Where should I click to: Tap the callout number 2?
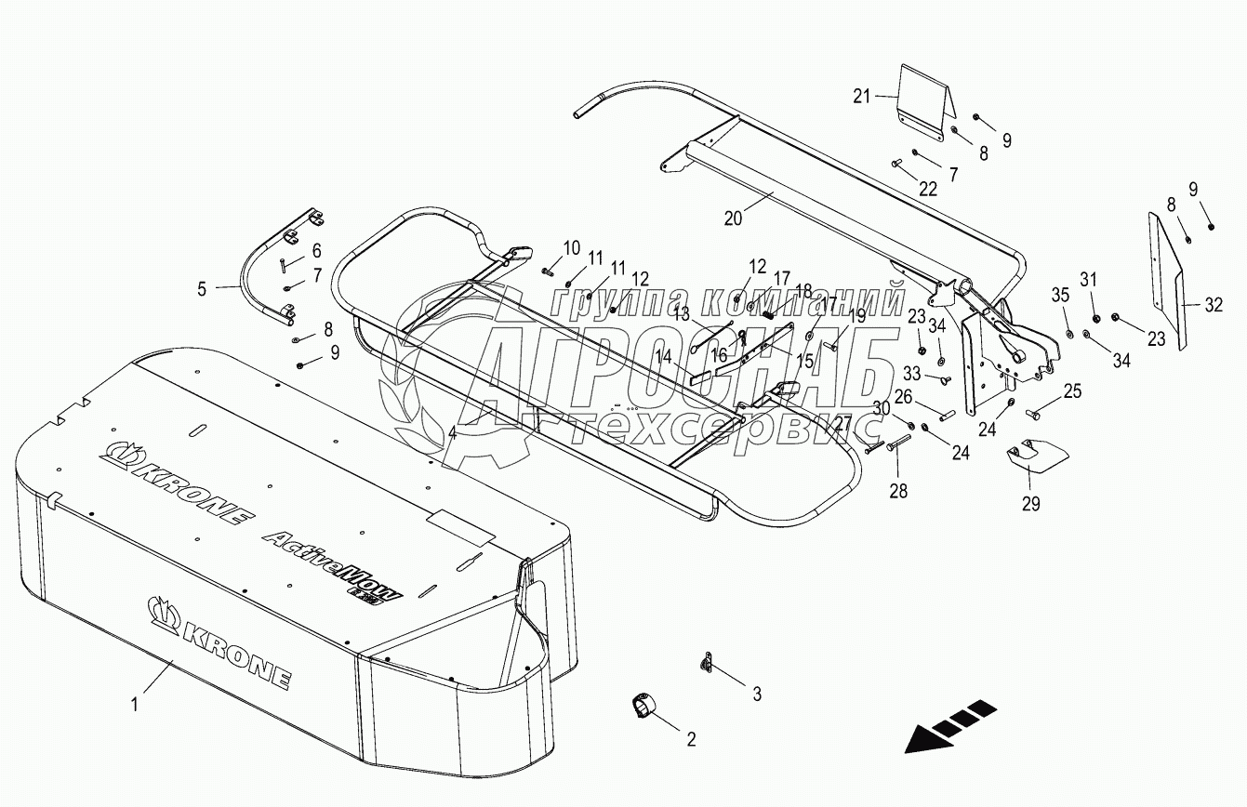[x=691, y=740]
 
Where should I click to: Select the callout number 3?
[x=757, y=694]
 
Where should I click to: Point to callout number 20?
[x=733, y=218]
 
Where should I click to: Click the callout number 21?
[x=861, y=95]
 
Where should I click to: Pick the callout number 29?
[x=1030, y=504]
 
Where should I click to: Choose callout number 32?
[x=1214, y=304]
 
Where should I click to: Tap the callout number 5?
[x=202, y=288]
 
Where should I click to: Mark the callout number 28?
[x=898, y=491]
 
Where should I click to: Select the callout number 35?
[x=1061, y=296]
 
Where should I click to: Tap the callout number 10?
[x=571, y=247]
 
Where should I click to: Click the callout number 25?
[x=1072, y=391]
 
